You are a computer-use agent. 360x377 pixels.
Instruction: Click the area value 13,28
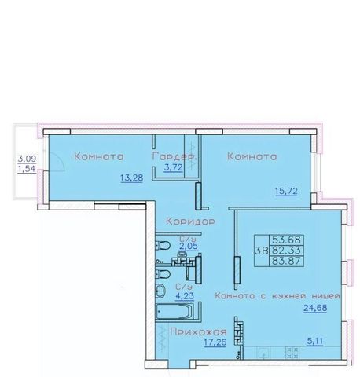click(x=132, y=178)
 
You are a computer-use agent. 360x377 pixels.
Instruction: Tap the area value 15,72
click(x=286, y=192)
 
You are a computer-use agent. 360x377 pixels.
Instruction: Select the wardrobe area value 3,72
click(x=173, y=167)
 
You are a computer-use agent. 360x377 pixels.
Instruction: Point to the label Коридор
click(x=190, y=221)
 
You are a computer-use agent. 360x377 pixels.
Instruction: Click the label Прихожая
click(x=198, y=332)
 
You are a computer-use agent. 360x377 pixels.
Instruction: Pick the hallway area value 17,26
click(x=215, y=342)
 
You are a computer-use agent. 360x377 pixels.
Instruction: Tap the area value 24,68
click(x=315, y=308)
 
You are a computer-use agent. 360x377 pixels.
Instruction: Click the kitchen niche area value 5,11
click(x=315, y=341)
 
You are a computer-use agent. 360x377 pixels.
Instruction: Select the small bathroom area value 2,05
click(x=189, y=247)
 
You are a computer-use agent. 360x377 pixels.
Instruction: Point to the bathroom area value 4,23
click(x=185, y=296)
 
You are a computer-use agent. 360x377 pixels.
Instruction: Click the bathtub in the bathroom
click(x=174, y=312)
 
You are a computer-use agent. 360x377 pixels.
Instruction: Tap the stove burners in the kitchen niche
click(x=292, y=353)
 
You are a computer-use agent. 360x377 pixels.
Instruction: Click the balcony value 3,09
click(x=27, y=159)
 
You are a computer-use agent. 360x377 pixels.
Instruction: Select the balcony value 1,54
click(x=27, y=169)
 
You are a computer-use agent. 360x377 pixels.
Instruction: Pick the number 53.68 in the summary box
click(x=286, y=240)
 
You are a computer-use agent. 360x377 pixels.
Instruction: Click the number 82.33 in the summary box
click(x=286, y=251)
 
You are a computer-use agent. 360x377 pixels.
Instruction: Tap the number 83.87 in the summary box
click(x=286, y=261)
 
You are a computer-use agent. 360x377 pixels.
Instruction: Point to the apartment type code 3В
click(x=262, y=251)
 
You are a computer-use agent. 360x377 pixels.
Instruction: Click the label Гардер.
click(x=174, y=156)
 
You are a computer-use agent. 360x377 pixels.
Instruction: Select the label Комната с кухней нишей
click(x=277, y=296)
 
